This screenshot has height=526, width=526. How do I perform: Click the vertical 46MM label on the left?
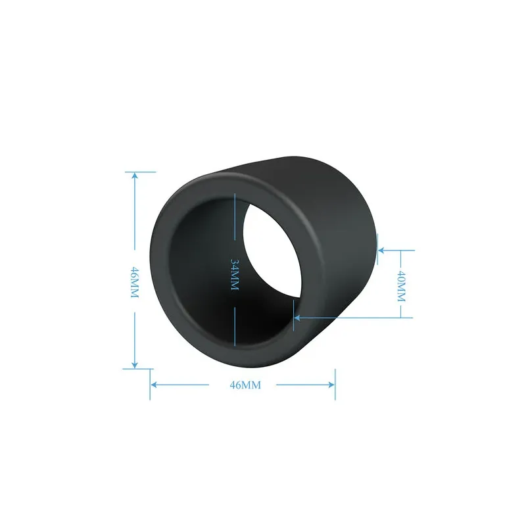pyautogui.click(x=134, y=283)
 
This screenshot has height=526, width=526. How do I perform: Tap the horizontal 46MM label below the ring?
pyautogui.click(x=245, y=385)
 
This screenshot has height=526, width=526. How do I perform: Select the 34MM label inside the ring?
pyautogui.click(x=235, y=274)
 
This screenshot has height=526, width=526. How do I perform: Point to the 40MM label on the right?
pyautogui.click(x=401, y=286)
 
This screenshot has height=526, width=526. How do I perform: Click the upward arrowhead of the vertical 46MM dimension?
pyautogui.click(x=135, y=176)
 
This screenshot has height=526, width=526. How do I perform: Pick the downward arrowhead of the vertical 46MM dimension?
pyautogui.click(x=135, y=364)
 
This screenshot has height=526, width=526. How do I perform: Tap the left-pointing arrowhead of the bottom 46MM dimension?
pyautogui.click(x=155, y=385)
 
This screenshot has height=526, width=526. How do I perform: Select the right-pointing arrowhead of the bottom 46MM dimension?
pyautogui.click(x=331, y=385)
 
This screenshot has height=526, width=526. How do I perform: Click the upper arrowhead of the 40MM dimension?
pyautogui.click(x=381, y=251)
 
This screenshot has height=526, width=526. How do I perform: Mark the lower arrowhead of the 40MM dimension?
pyautogui.click(x=298, y=318)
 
